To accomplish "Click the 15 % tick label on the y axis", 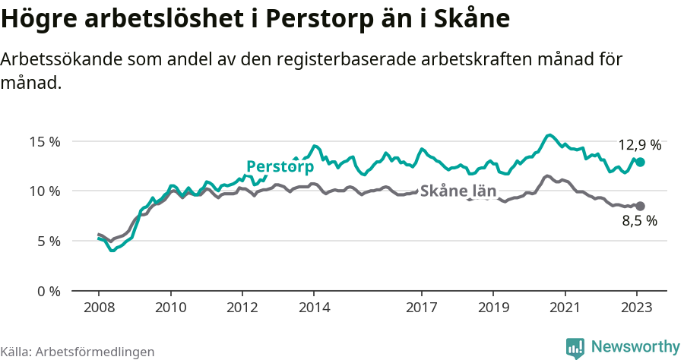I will tap(45, 141).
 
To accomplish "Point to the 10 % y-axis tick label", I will tap(45, 191).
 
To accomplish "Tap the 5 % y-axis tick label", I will tap(48, 241).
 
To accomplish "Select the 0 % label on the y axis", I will tap(48, 291).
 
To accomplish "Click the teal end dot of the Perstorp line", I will tap(641, 162).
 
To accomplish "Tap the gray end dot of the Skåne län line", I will tap(641, 206).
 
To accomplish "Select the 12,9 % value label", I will tap(639, 144).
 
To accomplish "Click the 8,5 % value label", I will tap(639, 222).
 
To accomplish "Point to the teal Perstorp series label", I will tap(280, 166).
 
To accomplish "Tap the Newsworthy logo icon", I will tap(575, 348).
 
